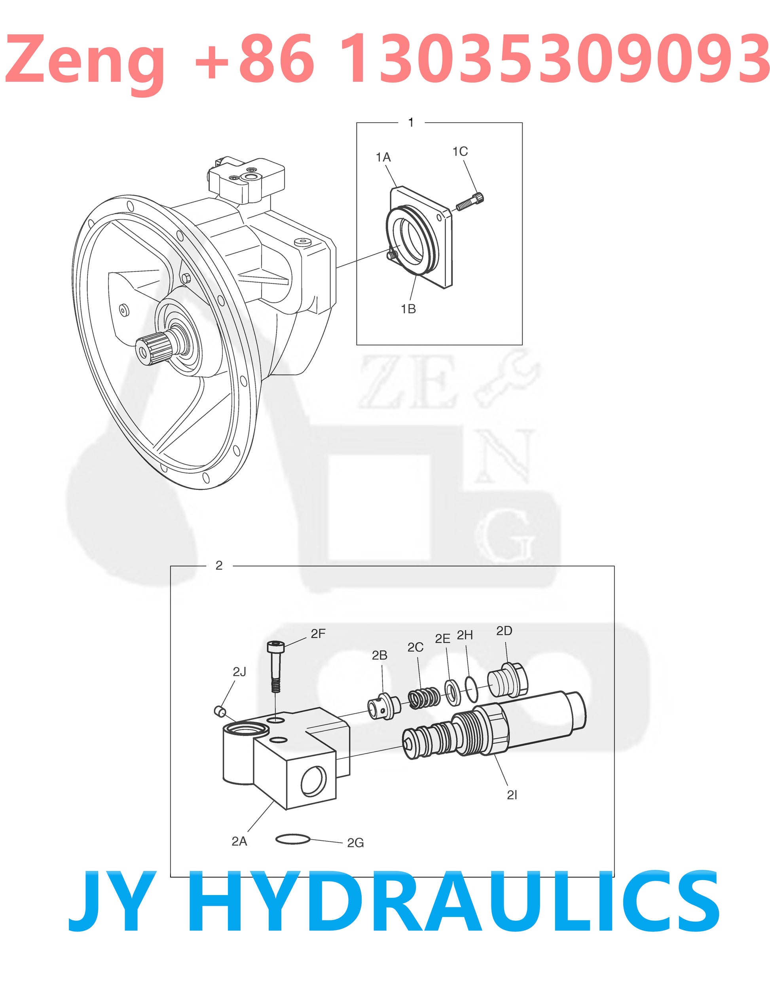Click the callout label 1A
(383, 157)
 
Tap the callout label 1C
(460, 152)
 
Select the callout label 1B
(408, 309)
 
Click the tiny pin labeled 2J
(219, 710)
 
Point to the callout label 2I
(512, 795)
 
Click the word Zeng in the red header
(84, 60)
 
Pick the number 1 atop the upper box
(411, 122)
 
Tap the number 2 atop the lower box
(219, 565)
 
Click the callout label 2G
(356, 843)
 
